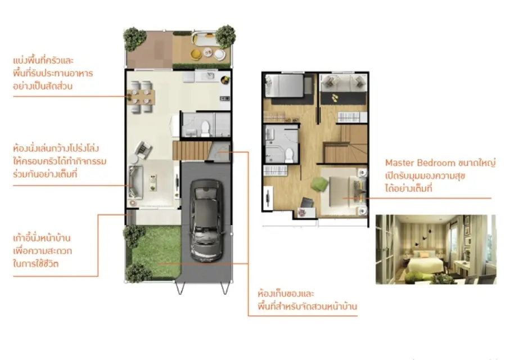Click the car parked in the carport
206,220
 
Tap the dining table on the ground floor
141,97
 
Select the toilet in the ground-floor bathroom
205,128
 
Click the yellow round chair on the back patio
196,55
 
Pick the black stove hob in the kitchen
225,98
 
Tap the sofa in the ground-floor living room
136,182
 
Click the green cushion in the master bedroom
319,184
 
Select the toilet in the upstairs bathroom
289,155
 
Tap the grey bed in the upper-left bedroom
284,85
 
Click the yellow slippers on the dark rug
335,98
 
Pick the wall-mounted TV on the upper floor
269,197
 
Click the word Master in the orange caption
400,163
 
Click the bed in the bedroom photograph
423,262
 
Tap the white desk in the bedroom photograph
462,267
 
